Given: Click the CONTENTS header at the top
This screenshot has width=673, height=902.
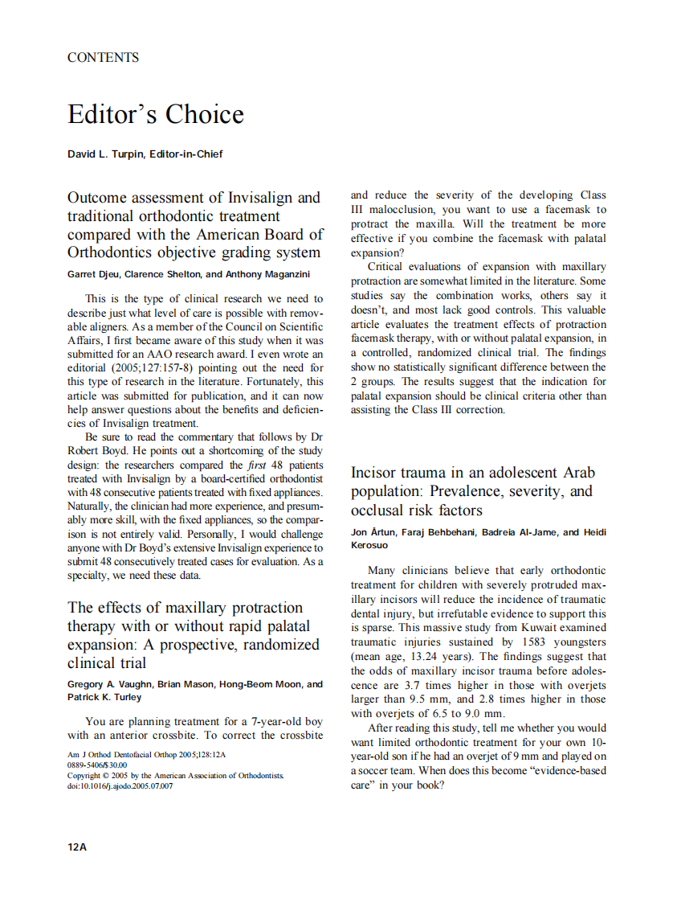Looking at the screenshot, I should [103, 57].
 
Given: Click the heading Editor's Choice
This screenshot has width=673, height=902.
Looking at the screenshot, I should [155, 114].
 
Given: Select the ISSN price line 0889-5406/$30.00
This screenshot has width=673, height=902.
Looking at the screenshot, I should [97, 765].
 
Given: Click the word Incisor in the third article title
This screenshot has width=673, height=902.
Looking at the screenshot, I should [379, 472].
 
